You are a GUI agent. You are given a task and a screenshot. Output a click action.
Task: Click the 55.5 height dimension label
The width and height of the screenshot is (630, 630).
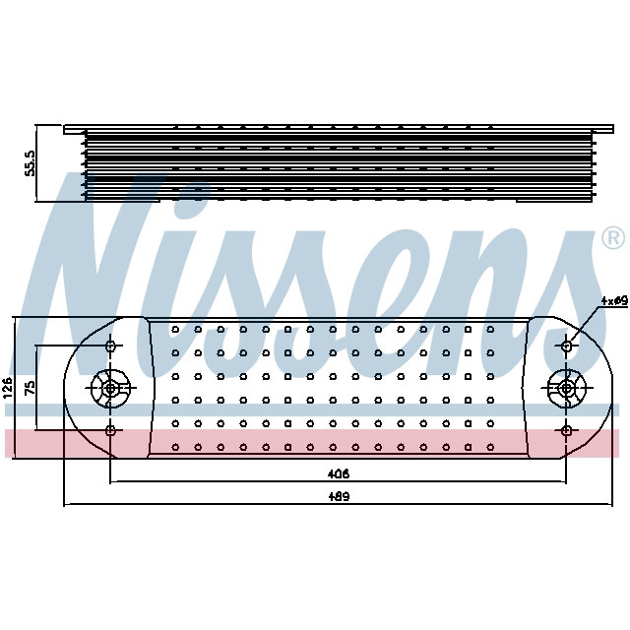tap(30, 163)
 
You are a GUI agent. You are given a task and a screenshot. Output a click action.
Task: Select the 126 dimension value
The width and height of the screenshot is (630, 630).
tap(9, 388)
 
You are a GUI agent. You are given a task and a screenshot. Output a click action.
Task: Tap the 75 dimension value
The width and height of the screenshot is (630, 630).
tap(31, 388)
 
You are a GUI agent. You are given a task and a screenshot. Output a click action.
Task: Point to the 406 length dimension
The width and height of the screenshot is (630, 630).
tap(340, 473)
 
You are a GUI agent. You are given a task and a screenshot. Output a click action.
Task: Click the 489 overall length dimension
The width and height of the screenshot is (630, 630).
tap(340, 496)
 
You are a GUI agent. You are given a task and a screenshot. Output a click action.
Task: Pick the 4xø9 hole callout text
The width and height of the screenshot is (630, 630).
tap(614, 301)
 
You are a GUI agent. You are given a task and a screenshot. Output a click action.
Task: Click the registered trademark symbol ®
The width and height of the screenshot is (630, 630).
tap(611, 238)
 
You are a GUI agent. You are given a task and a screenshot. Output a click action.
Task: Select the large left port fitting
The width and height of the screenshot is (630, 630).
tap(110, 388)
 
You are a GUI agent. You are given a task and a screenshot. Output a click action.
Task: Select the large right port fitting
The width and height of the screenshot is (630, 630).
tap(567, 388)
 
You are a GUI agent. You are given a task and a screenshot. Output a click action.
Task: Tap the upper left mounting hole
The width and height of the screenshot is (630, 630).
tap(110, 346)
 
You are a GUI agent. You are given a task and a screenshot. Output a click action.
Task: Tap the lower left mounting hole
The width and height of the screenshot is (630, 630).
tap(110, 430)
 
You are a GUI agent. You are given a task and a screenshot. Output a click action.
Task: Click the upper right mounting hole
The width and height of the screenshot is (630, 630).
tap(567, 346)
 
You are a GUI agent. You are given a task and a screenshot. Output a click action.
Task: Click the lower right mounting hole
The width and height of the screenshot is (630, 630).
tap(567, 430)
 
